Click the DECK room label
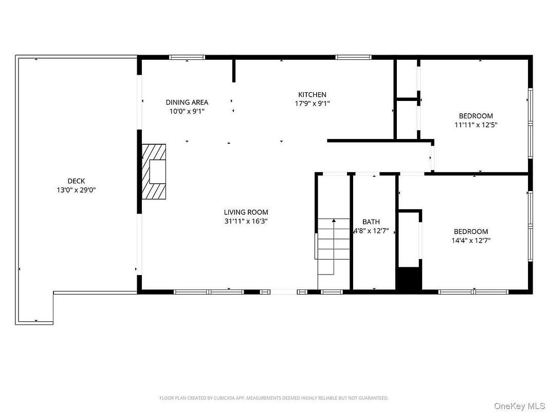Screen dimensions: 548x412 coord(76,181)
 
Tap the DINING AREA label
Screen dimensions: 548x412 coord(187,102)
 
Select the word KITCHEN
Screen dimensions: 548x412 coord(312,95)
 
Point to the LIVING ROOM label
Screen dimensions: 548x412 coord(246,212)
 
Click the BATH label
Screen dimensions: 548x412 coord(371,221)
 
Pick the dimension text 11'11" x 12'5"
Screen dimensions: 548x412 coord(476,125)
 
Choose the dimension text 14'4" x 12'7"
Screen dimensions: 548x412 coord(471,241)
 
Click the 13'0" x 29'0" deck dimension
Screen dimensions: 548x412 coord(76,190)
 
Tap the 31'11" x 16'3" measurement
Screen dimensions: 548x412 coord(246,221)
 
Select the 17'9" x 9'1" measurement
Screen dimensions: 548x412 coord(312,104)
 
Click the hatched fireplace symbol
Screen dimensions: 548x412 coord(153,171)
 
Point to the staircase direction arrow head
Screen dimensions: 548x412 coord(334,220)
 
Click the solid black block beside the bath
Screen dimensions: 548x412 coord(409,279)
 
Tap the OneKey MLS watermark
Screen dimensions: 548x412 coord(520,406)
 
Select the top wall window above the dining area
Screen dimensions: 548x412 coord(187,57)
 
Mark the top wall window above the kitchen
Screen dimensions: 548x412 coord(353,57)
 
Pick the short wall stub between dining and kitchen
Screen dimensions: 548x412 coord(234,71)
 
